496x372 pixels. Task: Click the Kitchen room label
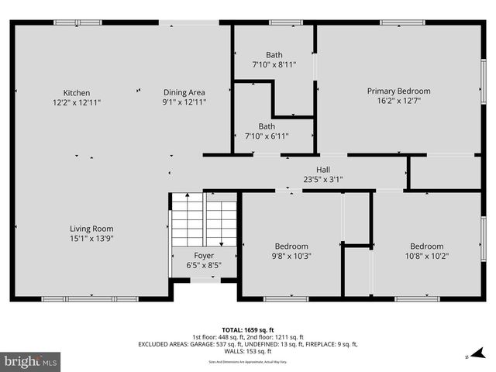tap(77, 92)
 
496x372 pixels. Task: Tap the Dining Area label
tap(184, 92)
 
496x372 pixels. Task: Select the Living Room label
tap(91, 228)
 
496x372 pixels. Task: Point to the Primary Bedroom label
tap(398, 91)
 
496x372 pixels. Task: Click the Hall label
tap(323, 170)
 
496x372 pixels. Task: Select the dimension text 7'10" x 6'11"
tap(267, 136)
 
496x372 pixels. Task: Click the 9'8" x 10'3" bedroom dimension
tap(291, 256)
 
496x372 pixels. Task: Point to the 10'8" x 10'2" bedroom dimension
tap(426, 256)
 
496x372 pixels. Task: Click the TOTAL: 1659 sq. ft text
tap(248, 329)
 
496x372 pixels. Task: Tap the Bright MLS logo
tap(31, 361)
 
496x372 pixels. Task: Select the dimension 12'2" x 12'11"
tap(77, 102)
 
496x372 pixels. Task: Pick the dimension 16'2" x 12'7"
tap(398, 100)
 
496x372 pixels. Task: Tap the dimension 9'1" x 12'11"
tap(184, 102)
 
